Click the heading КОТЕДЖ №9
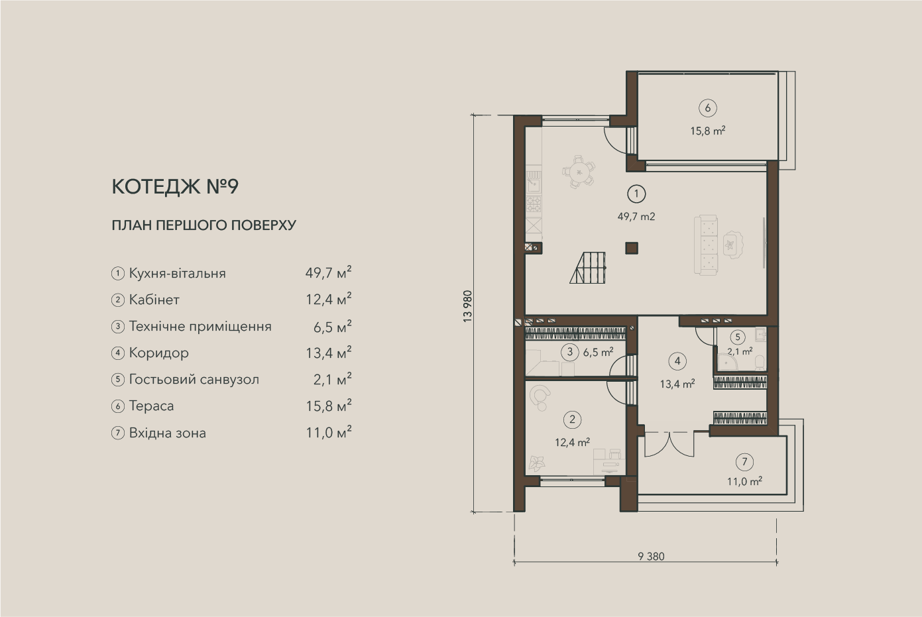(175, 187)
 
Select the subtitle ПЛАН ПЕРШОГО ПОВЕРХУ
(203, 225)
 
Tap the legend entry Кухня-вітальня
(178, 273)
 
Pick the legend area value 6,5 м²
(332, 327)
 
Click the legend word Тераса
(152, 406)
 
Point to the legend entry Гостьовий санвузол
(194, 380)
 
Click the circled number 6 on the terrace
(707, 108)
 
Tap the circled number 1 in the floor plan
(636, 194)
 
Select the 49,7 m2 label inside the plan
(636, 217)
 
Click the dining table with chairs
(579, 171)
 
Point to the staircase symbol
(588, 268)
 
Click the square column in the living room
(632, 248)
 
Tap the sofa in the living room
(707, 245)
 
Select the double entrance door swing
(669, 444)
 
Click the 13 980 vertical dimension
(467, 306)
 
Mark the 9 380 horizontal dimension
(651, 557)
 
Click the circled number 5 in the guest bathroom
(737, 337)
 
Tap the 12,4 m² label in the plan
(572, 443)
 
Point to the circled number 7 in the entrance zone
(744, 462)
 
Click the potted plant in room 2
(537, 463)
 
